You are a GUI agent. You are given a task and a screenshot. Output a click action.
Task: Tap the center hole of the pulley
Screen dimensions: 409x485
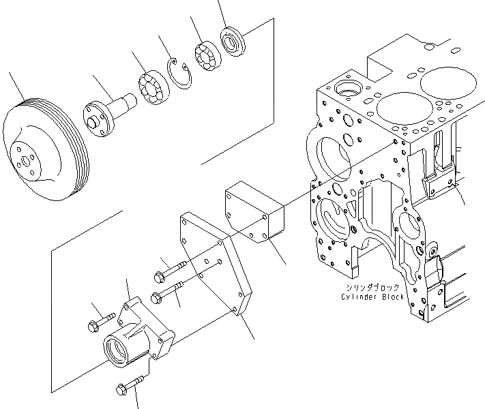pyautogui.click(x=27, y=162)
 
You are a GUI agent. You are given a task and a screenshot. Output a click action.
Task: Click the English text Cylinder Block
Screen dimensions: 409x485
pyautogui.click(x=373, y=297)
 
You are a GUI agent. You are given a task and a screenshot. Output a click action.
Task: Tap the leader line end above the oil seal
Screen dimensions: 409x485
pyautogui.click(x=220, y=2)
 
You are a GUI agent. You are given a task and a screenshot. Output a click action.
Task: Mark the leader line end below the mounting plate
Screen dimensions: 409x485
pyautogui.click(x=254, y=339)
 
